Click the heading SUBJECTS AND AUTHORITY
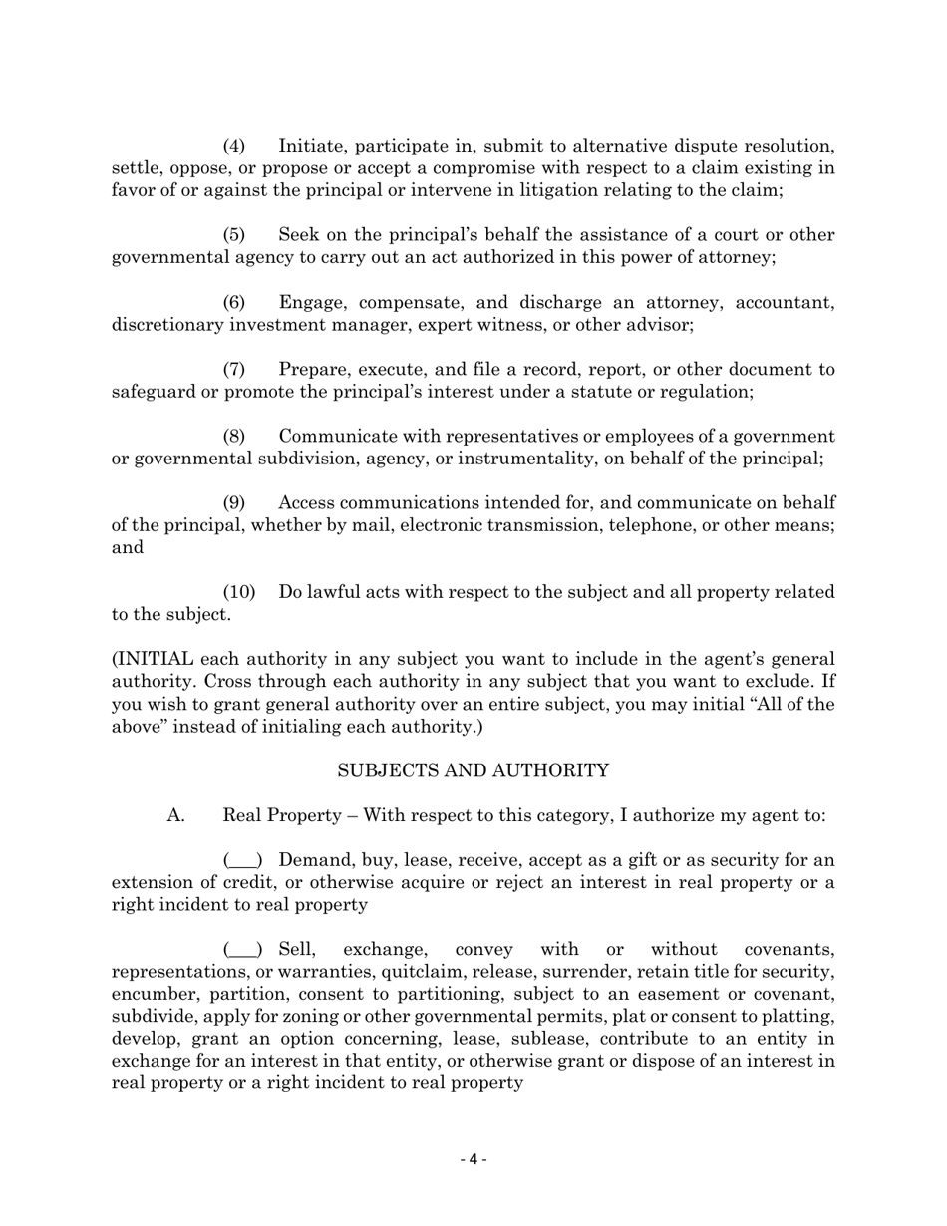(473, 770)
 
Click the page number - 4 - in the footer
(473, 1158)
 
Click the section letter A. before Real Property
(176, 815)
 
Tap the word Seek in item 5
(299, 235)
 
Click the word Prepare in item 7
(316, 369)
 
